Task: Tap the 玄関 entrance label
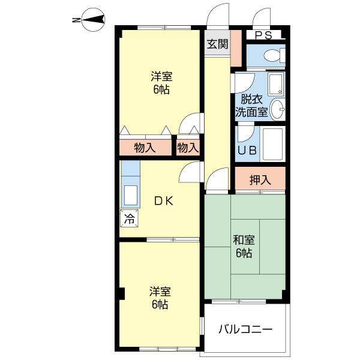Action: pos(217,44)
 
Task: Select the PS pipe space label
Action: pos(263,35)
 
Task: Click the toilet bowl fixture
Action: pos(274,55)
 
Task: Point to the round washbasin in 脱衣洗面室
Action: pos(277,110)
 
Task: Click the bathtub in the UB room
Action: pos(273,144)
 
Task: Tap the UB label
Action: pos(247,151)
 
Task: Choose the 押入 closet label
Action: pos(260,180)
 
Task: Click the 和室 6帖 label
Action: pos(244,247)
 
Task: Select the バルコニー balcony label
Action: pos(245,329)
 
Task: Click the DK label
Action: pos(164,201)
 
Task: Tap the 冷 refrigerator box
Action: pos(129,218)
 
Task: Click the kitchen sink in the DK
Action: pos(130,195)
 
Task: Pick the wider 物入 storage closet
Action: pos(145,148)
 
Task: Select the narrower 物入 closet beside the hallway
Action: pos(188,148)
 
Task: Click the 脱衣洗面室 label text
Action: pos(252,106)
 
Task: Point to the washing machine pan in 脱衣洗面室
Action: pos(276,84)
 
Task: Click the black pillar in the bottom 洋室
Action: pos(122,293)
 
